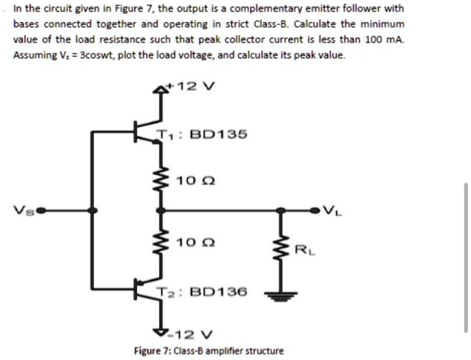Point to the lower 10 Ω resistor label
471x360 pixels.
click(x=189, y=241)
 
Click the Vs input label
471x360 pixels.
click(x=20, y=211)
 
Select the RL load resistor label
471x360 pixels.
click(x=302, y=251)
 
